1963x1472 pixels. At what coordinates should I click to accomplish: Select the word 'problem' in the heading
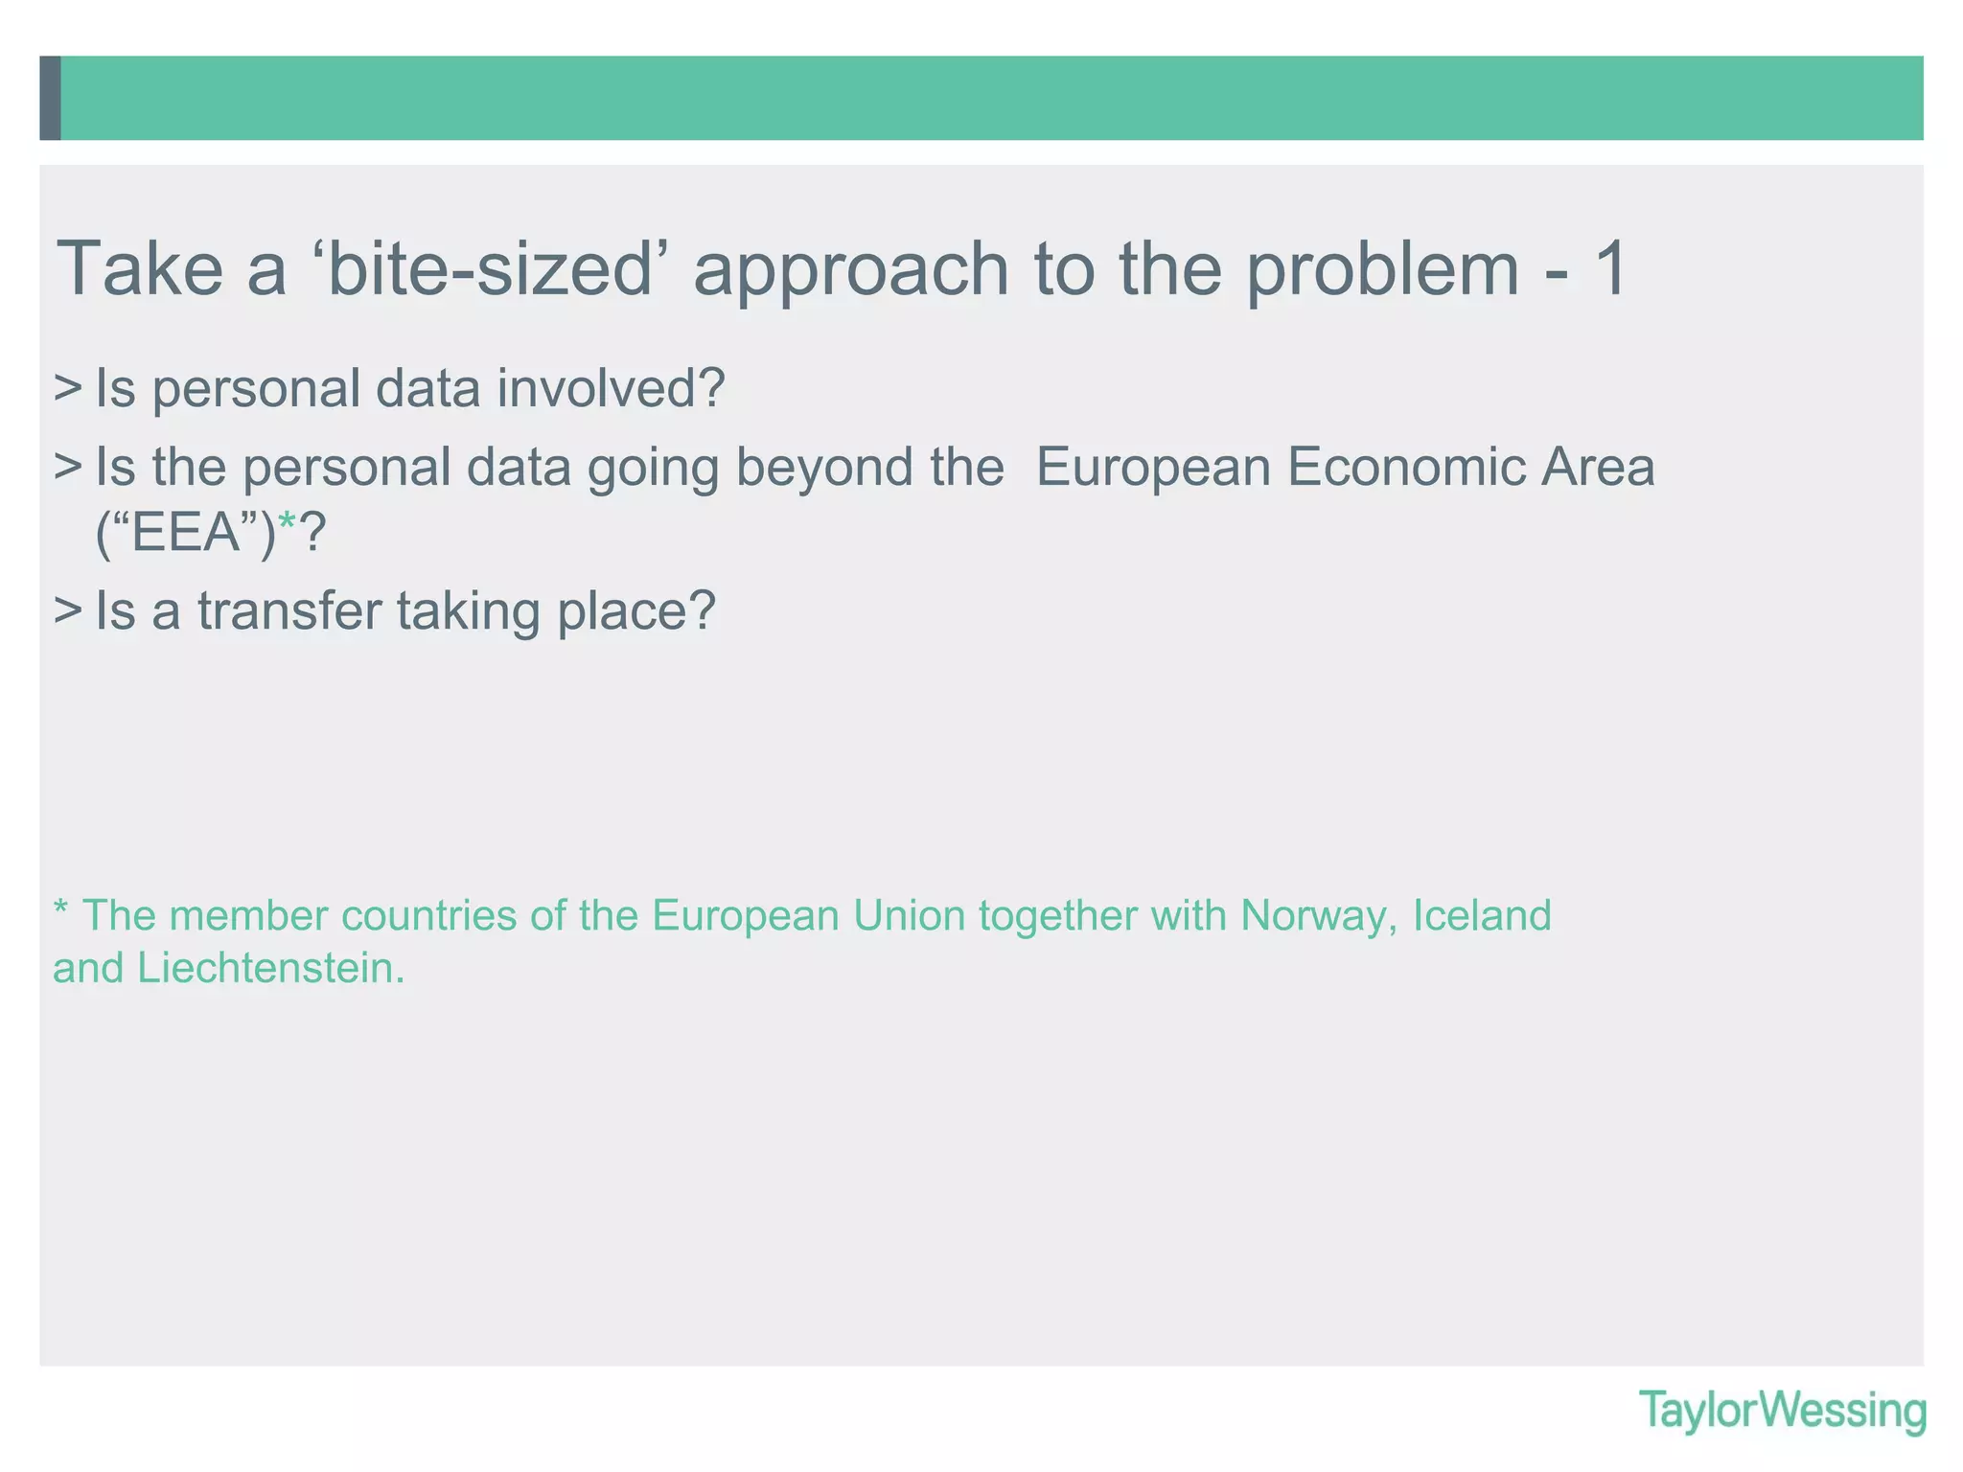point(1382,271)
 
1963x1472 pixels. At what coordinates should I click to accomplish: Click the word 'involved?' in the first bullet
point(611,389)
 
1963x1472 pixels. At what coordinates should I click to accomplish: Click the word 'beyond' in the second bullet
point(823,468)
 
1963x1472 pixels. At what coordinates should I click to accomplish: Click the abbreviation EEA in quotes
point(186,533)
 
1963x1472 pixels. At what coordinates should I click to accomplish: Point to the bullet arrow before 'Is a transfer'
point(67,610)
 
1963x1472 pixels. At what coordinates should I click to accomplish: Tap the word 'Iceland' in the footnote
point(1482,915)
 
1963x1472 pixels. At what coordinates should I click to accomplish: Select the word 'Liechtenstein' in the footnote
point(270,969)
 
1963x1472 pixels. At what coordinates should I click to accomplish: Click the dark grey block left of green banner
point(51,98)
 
